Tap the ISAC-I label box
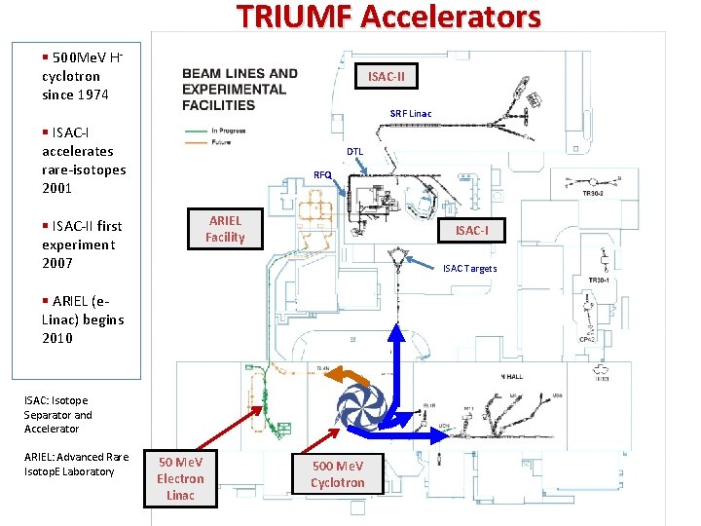click(471, 231)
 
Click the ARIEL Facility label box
click(225, 229)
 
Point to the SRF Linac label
click(410, 114)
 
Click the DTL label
click(354, 152)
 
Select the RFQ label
click(322, 175)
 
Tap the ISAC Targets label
click(469, 269)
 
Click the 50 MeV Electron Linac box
click(180, 478)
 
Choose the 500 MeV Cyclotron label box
click(337, 474)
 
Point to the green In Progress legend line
click(195, 131)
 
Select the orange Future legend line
click(195, 143)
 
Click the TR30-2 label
click(594, 194)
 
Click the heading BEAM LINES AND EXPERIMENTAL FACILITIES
click(240, 89)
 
